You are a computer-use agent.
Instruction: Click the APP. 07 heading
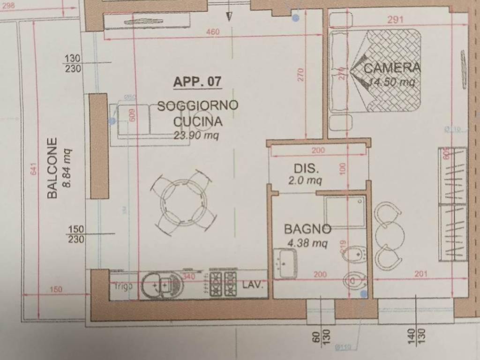pos(197,82)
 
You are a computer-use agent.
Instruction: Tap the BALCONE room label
pos(52,167)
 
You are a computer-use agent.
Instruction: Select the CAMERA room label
pos(392,67)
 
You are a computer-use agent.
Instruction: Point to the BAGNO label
pos(307,229)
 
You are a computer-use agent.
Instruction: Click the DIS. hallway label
pos(307,169)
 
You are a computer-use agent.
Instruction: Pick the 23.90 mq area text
pos(197,136)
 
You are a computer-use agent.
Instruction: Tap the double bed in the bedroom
pos(375,71)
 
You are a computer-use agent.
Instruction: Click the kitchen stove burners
pos(223,284)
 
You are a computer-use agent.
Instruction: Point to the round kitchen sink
pos(161,285)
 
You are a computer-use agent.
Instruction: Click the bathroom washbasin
pos(285,263)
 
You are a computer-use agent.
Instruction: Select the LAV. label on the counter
pos(253,285)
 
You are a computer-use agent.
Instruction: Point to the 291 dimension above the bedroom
pos(396,20)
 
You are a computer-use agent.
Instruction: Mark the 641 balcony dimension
pos(33,169)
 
